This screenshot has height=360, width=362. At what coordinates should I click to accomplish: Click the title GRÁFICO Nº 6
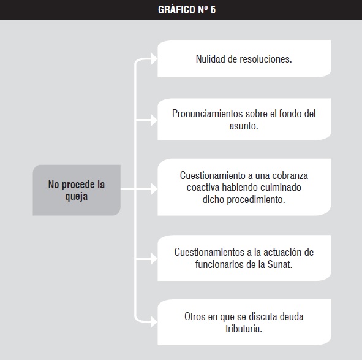187,10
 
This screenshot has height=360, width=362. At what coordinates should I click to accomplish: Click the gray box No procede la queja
77,190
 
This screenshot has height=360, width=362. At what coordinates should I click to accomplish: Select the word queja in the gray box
77,197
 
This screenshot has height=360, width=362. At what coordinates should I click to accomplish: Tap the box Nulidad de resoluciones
244,59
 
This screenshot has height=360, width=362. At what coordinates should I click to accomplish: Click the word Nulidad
210,59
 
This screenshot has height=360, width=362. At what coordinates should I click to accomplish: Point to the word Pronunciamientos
207,113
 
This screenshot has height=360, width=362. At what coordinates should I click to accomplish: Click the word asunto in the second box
243,126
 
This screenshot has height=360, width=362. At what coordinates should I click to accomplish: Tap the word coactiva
203,187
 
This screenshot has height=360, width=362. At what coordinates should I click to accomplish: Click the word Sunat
279,264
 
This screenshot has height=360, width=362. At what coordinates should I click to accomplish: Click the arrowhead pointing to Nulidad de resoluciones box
154,58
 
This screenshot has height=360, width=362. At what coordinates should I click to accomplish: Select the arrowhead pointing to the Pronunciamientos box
154,120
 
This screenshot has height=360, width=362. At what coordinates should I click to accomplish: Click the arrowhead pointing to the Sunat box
154,258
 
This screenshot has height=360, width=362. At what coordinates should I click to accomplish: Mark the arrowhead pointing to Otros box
154,322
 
